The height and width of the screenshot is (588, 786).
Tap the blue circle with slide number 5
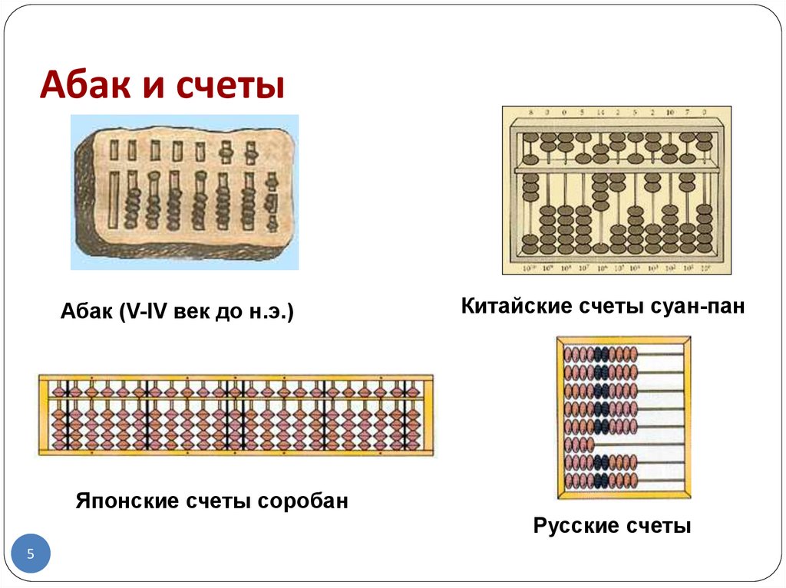coord(31,554)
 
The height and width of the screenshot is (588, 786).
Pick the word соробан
coord(302,501)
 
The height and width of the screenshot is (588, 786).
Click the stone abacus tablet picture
coord(184,192)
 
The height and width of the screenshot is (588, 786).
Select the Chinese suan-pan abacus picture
coord(616,189)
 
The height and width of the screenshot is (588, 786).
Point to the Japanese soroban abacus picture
coord(236,415)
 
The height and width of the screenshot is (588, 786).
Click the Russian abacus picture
coord(623,417)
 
